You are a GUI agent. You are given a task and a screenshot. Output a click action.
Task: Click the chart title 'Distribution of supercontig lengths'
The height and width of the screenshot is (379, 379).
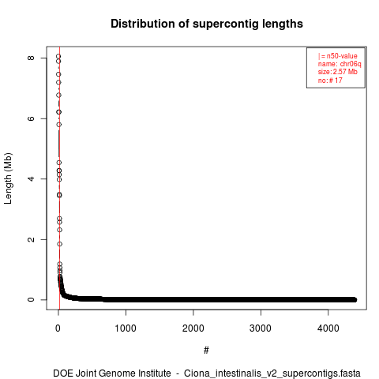207,24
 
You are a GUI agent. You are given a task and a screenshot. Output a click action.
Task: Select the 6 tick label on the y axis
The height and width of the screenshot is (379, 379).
31,118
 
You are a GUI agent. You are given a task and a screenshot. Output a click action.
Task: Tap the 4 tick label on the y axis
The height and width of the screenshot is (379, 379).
31,178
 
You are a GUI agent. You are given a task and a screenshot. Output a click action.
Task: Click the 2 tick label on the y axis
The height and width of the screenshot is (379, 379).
31,239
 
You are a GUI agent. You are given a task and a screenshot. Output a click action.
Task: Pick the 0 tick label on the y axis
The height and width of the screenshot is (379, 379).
31,299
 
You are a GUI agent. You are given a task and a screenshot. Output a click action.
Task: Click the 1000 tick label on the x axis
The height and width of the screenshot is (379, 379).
126,328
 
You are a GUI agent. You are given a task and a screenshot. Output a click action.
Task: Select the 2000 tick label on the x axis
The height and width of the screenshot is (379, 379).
193,328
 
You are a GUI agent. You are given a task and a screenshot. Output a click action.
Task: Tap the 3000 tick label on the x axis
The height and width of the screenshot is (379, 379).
261,328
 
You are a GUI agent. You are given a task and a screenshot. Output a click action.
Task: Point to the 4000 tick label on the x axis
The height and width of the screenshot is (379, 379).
328,328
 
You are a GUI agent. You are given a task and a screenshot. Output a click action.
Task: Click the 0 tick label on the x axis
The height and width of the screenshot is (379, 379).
58,328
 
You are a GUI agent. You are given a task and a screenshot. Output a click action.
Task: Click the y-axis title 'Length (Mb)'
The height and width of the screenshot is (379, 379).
8,178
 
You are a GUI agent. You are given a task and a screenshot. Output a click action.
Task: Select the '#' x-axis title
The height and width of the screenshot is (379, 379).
206,351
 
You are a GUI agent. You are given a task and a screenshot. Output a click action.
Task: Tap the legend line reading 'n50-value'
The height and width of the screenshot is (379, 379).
342,56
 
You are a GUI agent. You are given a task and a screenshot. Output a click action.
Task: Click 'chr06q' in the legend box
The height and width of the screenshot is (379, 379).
351,64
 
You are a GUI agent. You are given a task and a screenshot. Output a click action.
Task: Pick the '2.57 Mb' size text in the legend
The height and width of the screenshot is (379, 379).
345,72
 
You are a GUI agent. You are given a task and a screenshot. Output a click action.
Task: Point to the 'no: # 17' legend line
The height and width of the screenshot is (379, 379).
330,80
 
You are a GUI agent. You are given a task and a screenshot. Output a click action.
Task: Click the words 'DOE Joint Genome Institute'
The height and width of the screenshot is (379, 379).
112,373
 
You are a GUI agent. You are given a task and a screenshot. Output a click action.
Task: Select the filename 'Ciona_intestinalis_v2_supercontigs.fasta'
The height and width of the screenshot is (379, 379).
272,373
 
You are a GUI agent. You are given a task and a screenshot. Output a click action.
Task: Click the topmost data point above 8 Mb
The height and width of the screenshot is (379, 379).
58,56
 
